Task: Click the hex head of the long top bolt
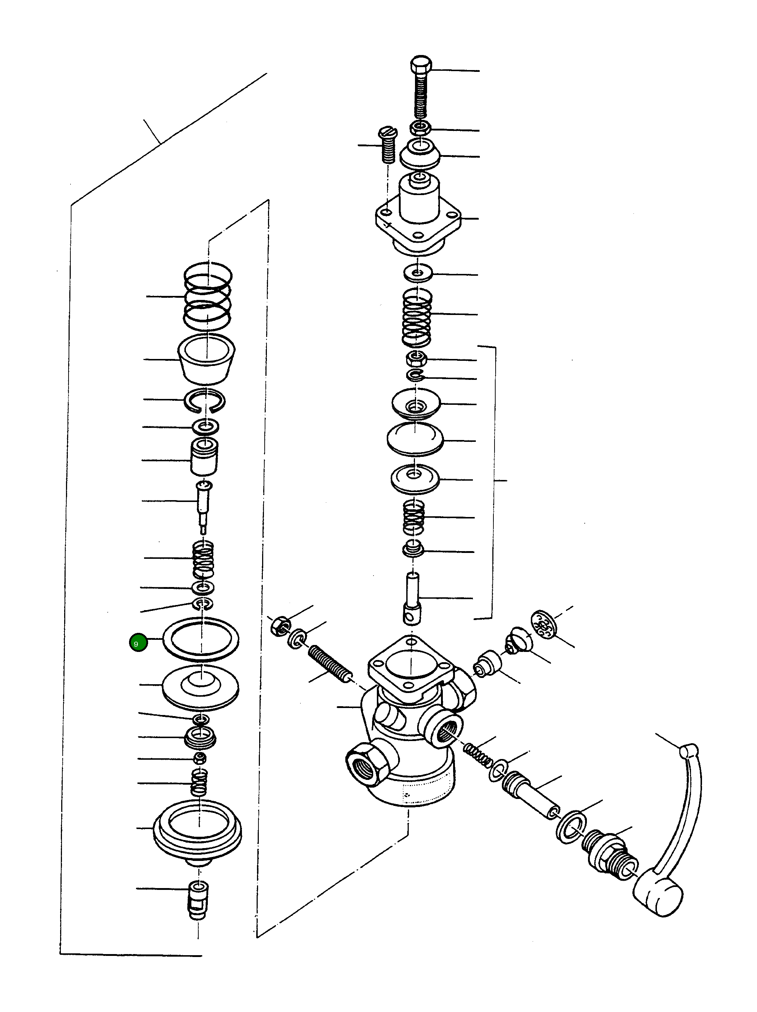420,64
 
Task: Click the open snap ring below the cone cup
205,400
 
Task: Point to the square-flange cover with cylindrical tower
418,215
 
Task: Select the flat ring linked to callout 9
201,639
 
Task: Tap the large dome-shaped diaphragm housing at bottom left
198,830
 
